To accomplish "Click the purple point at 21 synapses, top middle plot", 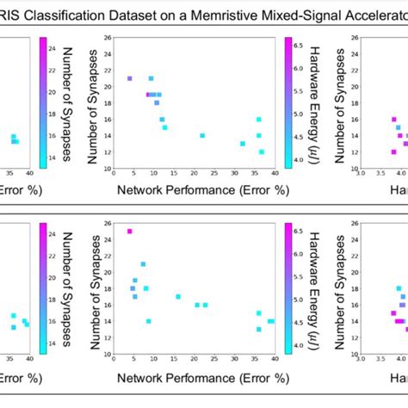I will (x=129, y=78).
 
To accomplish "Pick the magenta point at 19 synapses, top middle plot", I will (x=148, y=95).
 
